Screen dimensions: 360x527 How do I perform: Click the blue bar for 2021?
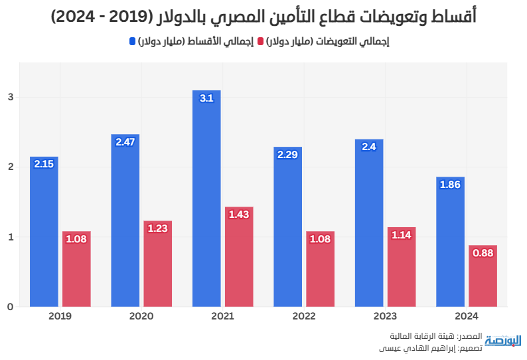[206, 199]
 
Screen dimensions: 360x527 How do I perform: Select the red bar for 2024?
[483, 276]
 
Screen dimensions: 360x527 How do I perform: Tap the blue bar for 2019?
[44, 232]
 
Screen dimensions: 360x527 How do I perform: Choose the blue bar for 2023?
[369, 223]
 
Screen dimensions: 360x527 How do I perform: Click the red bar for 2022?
[320, 270]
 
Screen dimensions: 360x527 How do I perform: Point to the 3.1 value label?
[206, 98]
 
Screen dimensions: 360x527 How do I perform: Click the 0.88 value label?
[483, 253]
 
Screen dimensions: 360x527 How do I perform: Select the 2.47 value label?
[125, 142]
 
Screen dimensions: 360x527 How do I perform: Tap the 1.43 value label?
[239, 215]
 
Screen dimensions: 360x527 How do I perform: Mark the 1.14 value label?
[402, 235]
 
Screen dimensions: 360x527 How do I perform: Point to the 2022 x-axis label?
[303, 315]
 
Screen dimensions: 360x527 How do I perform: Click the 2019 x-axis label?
[60, 315]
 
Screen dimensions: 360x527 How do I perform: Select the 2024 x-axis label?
[466, 315]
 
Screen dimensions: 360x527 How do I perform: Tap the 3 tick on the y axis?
[11, 97]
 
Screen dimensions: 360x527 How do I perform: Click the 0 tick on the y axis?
[11, 307]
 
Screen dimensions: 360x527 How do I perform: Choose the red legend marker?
[261, 42]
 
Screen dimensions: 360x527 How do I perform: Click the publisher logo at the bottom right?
[502, 341]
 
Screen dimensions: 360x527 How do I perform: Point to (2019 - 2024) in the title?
[120, 17]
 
